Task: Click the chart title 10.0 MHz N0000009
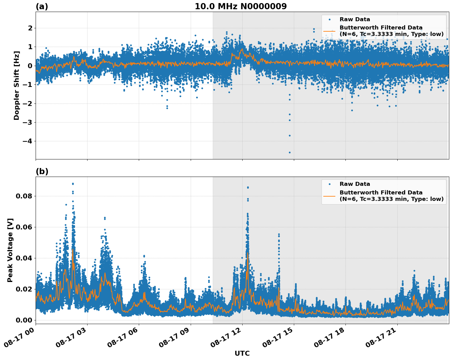pos(240,6)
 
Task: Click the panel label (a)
pos(42,6)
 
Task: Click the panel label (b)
pos(42,171)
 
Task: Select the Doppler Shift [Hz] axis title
pos(17,85)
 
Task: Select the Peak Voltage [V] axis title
pos(10,250)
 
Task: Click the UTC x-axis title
pos(242,353)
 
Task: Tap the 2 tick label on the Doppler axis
pos(30,28)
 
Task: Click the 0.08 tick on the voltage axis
pos(25,196)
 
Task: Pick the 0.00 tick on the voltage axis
pos(25,320)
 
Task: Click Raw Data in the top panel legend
pos(355,19)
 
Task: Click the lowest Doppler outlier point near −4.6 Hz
pos(290,152)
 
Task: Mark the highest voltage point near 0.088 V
pos(73,184)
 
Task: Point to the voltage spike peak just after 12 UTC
pos(248,187)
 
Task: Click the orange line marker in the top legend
pos(329,31)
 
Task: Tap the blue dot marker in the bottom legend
pos(329,184)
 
